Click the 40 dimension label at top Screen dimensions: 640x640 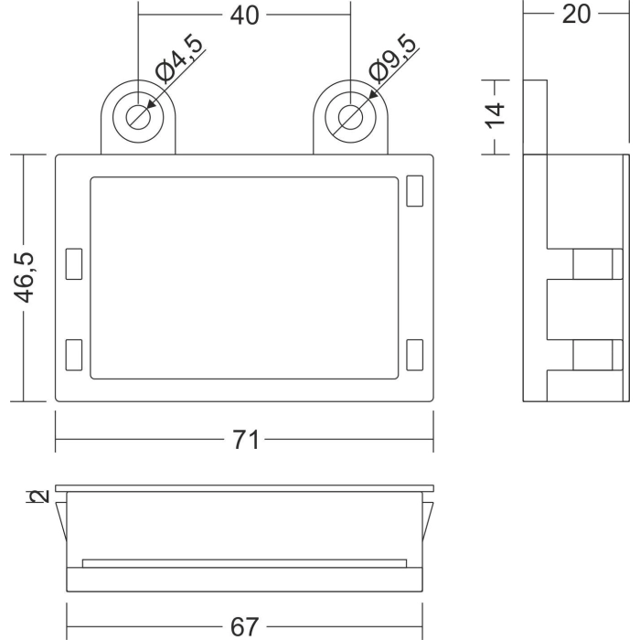pos(244,16)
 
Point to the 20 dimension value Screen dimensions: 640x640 pos(576,15)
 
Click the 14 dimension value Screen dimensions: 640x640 pos(495,116)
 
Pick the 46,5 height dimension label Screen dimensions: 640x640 pos(25,277)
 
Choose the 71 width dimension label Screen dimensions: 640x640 pos(245,440)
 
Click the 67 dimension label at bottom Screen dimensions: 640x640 pos(244,626)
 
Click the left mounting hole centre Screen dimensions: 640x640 pos(138,117)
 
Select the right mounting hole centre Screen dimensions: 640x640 pos(350,117)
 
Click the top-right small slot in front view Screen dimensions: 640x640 pos(415,190)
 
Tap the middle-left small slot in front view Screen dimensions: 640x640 pos(74,263)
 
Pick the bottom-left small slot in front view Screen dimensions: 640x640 pos(74,355)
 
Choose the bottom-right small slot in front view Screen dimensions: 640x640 pos(415,355)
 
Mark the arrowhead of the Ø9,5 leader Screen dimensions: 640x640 pos(373,94)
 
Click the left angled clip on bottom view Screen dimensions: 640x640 pos(61,519)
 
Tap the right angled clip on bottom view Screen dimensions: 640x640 pos(428,519)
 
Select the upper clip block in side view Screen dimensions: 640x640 pos(598,263)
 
